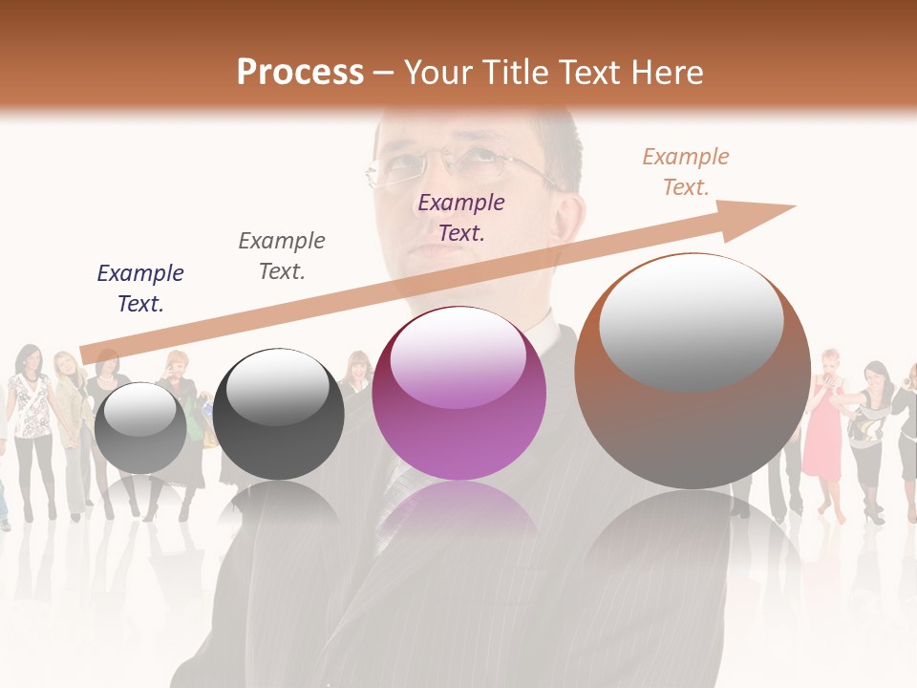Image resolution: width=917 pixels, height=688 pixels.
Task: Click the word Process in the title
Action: [300, 73]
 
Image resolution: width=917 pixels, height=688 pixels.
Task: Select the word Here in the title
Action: [667, 73]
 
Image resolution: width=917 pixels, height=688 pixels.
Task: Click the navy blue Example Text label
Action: [140, 288]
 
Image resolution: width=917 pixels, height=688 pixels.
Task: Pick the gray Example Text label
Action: [282, 255]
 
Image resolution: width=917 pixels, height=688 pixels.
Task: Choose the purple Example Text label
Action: [461, 217]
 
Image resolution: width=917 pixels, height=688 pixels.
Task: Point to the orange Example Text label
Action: [686, 171]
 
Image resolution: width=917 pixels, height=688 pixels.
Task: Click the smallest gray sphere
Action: [140, 428]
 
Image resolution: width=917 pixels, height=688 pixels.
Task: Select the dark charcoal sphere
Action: [278, 414]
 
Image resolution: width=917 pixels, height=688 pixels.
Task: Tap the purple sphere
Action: [459, 394]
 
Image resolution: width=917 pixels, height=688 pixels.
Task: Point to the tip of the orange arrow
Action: [794, 206]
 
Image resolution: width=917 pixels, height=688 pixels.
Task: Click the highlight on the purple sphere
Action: [458, 357]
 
